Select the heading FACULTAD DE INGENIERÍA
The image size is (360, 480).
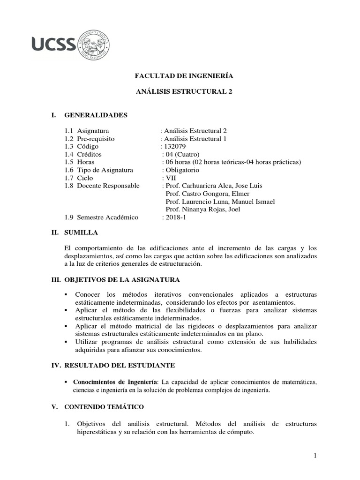184,75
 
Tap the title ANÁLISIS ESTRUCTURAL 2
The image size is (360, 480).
184,92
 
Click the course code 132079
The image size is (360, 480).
174,146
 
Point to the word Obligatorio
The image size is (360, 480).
182,170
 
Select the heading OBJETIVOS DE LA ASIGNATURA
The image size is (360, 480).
121,280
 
